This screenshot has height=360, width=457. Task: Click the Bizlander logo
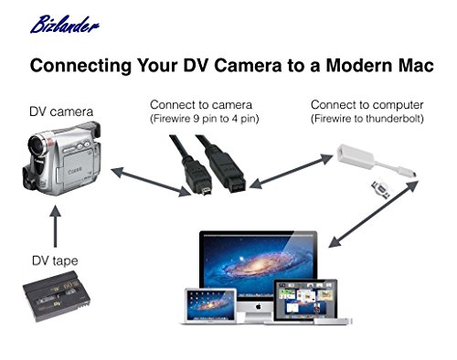(x=65, y=25)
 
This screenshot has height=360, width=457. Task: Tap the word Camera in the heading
(x=248, y=65)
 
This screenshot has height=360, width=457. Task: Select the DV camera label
(x=61, y=111)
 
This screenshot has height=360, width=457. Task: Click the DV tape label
(x=55, y=260)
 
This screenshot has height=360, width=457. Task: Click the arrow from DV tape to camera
(x=55, y=226)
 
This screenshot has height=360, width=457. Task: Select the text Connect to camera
(x=201, y=105)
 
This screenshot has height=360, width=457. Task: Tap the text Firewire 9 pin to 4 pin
(x=204, y=119)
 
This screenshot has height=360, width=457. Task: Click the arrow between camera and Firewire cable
(x=151, y=182)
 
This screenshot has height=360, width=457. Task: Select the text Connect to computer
(x=367, y=105)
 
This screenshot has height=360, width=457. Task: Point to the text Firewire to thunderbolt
(x=367, y=119)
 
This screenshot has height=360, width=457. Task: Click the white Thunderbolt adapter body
(x=356, y=157)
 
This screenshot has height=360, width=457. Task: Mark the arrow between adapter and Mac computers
(x=374, y=214)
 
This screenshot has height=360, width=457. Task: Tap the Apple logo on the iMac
(x=258, y=306)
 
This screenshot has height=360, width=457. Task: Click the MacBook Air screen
(x=210, y=305)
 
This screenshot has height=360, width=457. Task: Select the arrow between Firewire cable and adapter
(x=291, y=171)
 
